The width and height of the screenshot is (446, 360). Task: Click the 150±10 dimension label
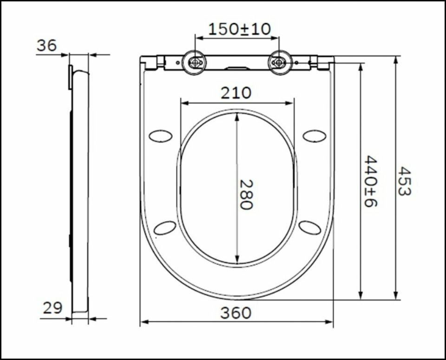[240, 29]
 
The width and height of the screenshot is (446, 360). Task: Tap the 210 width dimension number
[236, 93]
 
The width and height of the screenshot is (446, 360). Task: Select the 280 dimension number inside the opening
[246, 194]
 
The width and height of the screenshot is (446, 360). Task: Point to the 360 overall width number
[236, 313]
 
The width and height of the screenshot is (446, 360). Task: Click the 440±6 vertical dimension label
[370, 182]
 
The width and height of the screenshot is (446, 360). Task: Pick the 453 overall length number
[404, 181]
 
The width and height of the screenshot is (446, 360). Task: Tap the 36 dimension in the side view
[47, 46]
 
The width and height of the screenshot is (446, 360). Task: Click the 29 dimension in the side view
[52, 308]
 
